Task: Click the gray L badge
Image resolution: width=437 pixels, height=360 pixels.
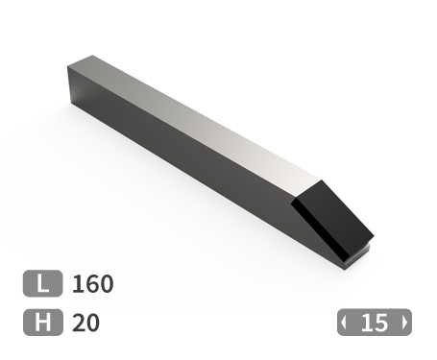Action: click(x=43, y=284)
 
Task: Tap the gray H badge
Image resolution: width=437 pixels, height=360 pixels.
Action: click(x=43, y=323)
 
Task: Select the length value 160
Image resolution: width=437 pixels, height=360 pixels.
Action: click(x=93, y=284)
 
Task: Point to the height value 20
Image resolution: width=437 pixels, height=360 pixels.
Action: click(x=86, y=323)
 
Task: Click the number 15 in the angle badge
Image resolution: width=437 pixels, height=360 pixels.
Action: click(x=375, y=323)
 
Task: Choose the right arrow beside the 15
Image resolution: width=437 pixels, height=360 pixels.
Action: click(x=404, y=323)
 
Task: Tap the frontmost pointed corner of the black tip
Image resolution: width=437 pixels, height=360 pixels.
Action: click(x=370, y=235)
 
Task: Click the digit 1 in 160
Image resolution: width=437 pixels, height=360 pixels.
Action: click(x=78, y=284)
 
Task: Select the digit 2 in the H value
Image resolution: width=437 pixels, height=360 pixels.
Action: click(x=79, y=323)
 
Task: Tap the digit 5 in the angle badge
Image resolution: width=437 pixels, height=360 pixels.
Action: click(x=381, y=323)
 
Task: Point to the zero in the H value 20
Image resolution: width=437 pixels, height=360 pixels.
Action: click(x=92, y=323)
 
